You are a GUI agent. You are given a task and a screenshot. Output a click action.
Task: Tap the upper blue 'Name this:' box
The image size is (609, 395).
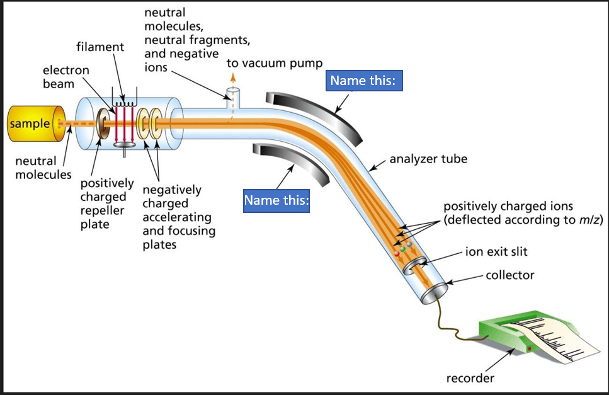[x=365, y=81]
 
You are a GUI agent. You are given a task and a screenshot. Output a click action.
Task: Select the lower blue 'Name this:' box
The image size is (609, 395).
[x=276, y=200]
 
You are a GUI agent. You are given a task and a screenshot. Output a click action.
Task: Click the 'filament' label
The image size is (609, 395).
[x=100, y=47]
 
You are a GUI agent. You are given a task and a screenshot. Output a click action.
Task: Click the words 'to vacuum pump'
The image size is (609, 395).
[x=274, y=64]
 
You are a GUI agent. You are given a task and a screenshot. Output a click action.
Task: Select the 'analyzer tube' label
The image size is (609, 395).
[x=428, y=159]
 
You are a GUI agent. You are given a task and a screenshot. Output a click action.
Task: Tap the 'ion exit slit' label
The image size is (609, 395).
[x=496, y=253]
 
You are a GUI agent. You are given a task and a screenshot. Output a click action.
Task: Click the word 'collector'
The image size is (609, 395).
[x=509, y=275]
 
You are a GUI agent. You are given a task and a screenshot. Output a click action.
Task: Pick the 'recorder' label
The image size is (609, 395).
[x=470, y=379]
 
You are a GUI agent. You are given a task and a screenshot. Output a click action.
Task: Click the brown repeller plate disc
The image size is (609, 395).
[x=100, y=123]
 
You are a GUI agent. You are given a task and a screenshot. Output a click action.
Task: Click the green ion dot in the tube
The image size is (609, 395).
[x=402, y=249]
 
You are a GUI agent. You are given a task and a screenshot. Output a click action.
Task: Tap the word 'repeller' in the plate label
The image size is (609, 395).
[x=103, y=210]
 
